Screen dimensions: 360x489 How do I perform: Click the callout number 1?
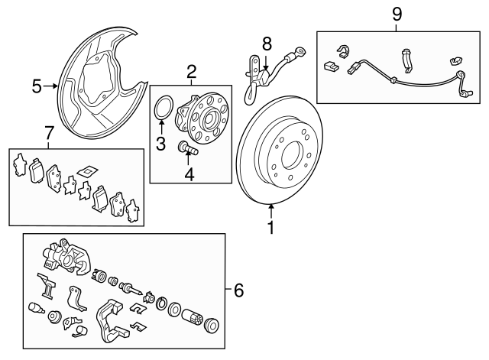(270, 228)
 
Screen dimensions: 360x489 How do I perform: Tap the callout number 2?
(191, 73)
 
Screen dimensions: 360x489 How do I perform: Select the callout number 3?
(161, 144)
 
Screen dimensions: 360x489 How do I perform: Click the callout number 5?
(37, 86)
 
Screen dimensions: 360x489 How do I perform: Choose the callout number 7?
(48, 135)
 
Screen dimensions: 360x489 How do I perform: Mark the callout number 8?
(267, 44)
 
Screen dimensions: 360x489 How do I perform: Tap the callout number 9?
(397, 15)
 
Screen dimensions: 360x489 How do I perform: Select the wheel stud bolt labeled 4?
(187, 148)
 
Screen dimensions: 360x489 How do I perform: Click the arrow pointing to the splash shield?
(53, 86)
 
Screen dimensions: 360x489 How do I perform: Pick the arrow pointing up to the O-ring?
(161, 127)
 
